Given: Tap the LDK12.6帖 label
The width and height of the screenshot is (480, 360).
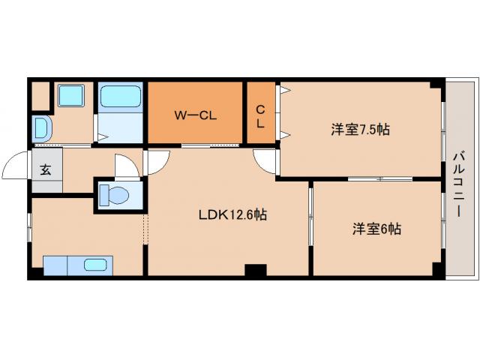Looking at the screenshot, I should click(x=232, y=214).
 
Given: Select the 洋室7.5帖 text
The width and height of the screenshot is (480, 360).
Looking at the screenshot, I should click(x=360, y=129).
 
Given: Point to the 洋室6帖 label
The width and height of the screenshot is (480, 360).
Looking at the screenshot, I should click(x=376, y=229).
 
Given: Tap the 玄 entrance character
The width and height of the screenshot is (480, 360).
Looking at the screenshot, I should click(x=46, y=169).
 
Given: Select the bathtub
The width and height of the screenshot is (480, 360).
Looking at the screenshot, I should click(x=120, y=97).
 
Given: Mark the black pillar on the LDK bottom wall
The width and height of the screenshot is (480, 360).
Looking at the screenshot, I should click(x=255, y=271).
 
